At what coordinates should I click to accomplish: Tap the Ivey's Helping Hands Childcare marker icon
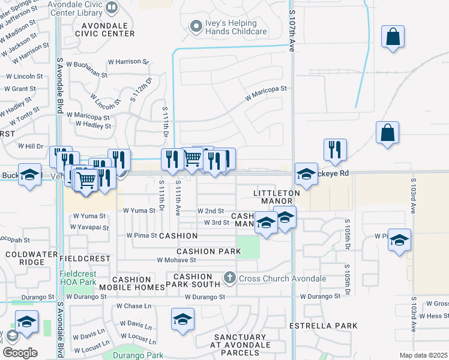pos(195,26)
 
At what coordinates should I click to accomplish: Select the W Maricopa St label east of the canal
pos(266,89)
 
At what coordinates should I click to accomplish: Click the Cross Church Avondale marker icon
pos(229,278)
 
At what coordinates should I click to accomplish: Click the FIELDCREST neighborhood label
pos(85,259)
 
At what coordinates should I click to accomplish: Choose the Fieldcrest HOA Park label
pos(78,278)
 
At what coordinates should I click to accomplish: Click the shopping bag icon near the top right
pos(393,38)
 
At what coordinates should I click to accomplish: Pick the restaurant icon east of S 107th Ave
pos(335,149)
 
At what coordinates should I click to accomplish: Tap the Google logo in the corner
pos(20,352)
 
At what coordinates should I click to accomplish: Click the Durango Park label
pos(137,355)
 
